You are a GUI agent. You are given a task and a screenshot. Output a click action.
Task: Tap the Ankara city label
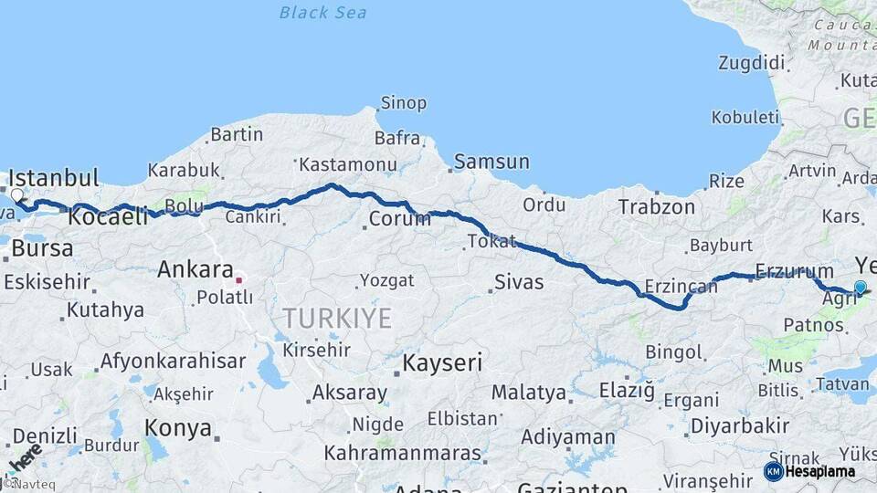point(195,269)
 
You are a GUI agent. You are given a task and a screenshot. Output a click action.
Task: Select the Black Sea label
point(322,12)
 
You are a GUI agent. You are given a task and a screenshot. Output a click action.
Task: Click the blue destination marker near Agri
point(860,288)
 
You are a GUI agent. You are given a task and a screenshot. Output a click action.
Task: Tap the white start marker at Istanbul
point(16,194)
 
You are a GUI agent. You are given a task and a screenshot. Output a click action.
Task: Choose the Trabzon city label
point(656,207)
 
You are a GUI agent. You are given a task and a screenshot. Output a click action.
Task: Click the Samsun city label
point(491,162)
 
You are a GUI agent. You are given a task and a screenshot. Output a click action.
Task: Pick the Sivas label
point(519,282)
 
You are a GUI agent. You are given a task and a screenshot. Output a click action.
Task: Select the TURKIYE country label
point(336,319)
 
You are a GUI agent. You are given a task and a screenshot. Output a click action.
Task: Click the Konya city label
point(177,428)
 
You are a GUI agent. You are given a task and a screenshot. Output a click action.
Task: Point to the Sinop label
point(403,103)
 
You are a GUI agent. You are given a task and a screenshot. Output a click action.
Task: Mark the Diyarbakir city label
point(739,425)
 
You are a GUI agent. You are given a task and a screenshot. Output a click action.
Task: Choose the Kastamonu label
point(348,165)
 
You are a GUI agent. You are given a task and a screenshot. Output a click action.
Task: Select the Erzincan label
point(681,287)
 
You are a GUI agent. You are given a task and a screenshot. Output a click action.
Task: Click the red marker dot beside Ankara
point(239,280)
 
